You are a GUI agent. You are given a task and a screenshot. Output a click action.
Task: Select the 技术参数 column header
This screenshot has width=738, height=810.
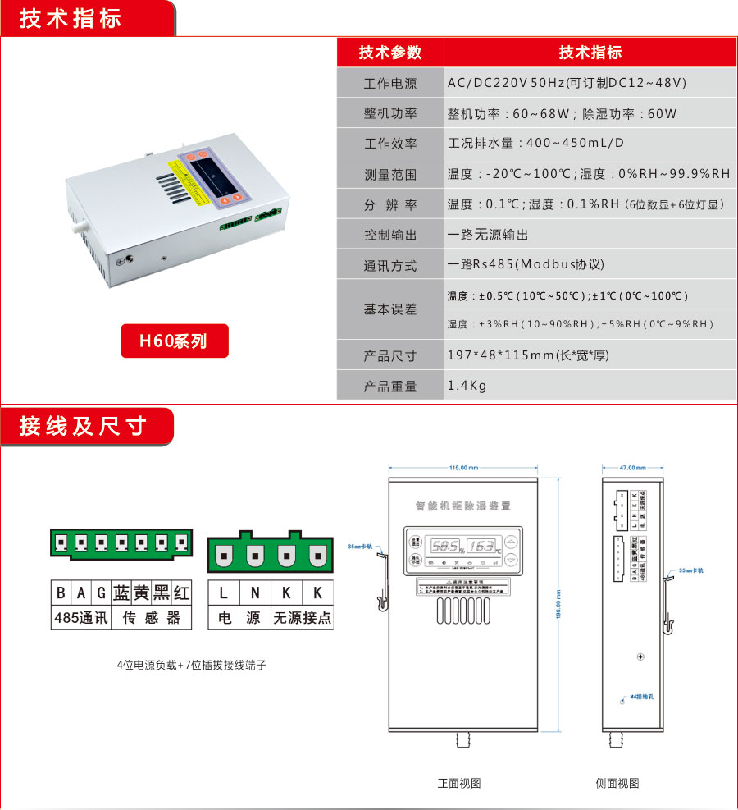point(390,53)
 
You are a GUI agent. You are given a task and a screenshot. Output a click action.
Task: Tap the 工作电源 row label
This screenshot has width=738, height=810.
point(390,84)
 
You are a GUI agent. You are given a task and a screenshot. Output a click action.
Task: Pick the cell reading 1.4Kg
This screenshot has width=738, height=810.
point(467,386)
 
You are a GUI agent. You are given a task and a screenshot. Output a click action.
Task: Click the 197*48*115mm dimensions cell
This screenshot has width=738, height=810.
point(528,356)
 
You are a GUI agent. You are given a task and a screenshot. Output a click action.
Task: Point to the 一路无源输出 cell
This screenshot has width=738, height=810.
point(488,235)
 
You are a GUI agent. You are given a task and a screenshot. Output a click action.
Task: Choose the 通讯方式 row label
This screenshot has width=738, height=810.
point(390,266)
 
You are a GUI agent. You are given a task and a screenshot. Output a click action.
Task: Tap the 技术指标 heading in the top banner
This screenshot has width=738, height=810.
point(71,19)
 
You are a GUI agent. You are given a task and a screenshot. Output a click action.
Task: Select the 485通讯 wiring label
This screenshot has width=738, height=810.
point(80,618)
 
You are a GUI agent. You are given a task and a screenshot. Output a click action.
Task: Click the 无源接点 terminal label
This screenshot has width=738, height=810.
point(302,618)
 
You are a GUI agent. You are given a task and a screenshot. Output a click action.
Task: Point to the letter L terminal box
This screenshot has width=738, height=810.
point(224,593)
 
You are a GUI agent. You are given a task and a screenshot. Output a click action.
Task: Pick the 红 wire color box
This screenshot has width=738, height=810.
point(181,593)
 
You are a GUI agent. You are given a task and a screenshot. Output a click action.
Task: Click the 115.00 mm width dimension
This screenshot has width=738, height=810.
point(463,468)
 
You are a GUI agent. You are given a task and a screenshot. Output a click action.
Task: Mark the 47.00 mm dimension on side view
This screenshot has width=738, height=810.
point(631,468)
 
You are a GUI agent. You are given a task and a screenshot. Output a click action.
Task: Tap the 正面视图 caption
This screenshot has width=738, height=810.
point(459,783)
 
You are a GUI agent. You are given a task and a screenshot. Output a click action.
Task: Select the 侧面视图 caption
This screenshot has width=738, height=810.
point(617,783)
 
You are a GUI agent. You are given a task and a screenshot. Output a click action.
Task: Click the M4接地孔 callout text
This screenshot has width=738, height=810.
point(641,697)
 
